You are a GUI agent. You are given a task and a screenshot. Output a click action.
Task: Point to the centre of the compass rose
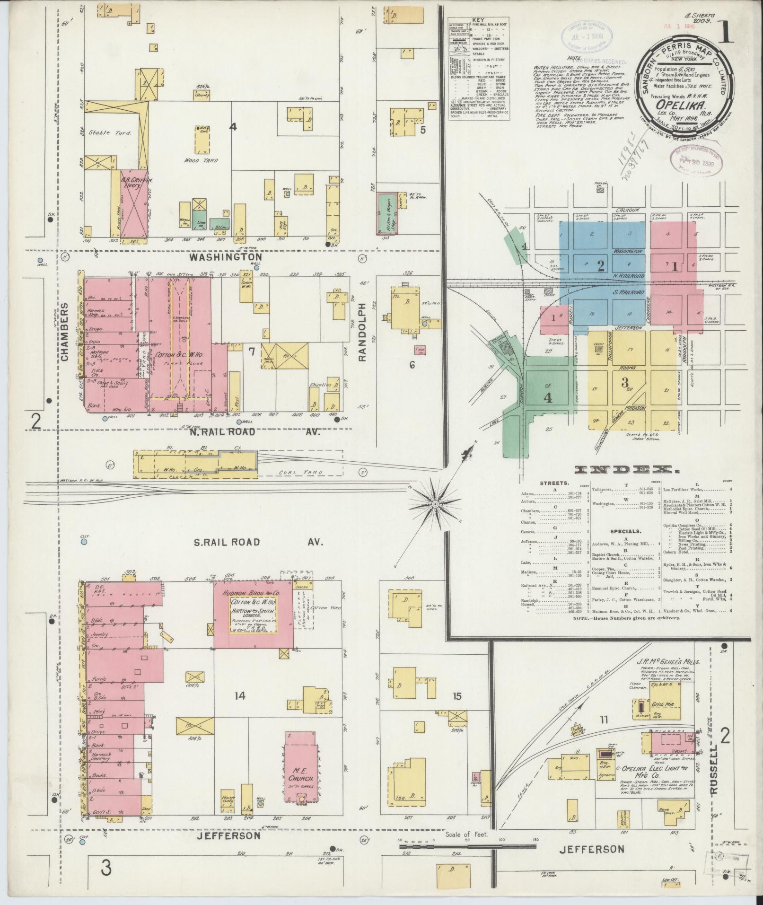435,505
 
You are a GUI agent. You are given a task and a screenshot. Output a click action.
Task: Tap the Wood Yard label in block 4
201,160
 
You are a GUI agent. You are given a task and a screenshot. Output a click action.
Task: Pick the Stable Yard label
109,132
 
